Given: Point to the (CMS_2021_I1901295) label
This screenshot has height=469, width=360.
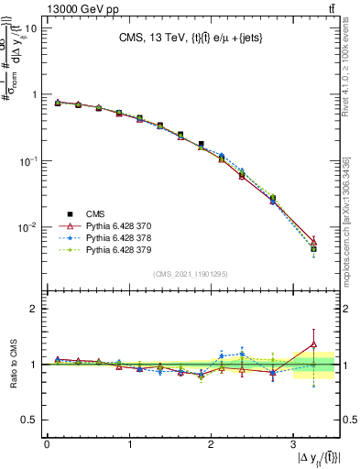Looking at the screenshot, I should pyautogui.click(x=191, y=274).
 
